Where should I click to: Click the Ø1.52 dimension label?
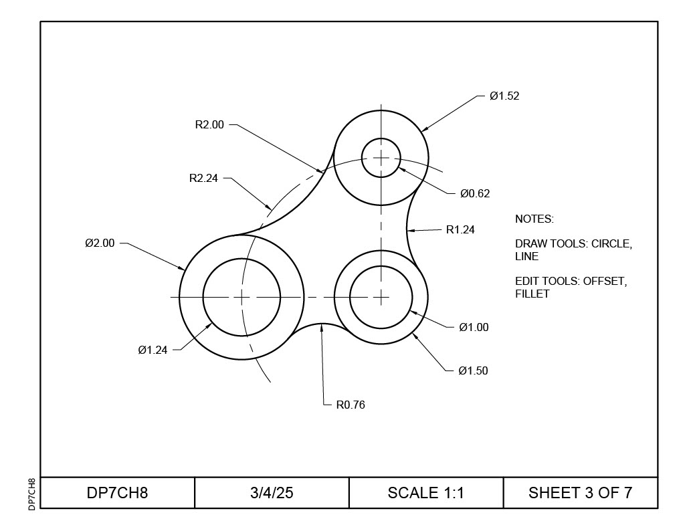(504, 96)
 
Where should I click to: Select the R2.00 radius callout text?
(209, 124)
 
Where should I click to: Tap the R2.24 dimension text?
(203, 179)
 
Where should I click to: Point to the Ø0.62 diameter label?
(475, 194)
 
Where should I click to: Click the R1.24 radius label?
(460, 230)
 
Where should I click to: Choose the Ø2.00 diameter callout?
(100, 243)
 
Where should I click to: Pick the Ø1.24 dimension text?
(153, 350)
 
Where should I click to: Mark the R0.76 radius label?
(351, 405)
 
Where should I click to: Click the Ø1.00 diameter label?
(474, 328)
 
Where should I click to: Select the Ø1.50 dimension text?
(473, 371)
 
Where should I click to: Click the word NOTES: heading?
(534, 219)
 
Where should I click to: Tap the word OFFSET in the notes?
(605, 282)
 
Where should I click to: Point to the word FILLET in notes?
(532, 294)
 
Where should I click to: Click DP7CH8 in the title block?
(117, 494)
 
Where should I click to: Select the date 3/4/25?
(272, 494)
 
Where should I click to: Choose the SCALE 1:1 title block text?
(425, 494)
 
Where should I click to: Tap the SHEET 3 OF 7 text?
(580, 494)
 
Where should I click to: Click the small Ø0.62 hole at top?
(381, 158)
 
